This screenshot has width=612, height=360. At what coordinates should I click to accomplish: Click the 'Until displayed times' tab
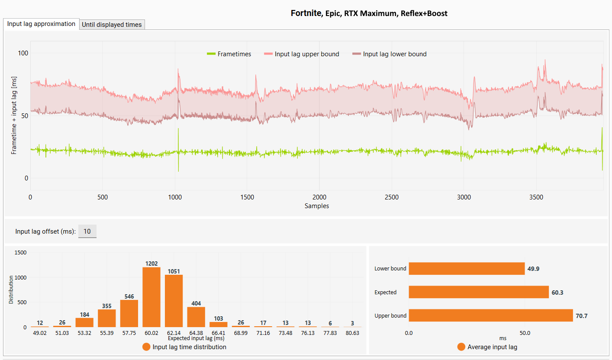point(112,25)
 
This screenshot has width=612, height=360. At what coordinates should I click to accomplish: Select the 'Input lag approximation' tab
point(41,24)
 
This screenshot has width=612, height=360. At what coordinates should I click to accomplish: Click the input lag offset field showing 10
point(87,231)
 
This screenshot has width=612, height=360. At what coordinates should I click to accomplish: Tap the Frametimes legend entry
point(229,54)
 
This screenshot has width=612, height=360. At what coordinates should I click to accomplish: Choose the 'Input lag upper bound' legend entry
point(302,54)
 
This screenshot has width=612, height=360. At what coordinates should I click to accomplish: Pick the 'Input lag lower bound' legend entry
point(390,54)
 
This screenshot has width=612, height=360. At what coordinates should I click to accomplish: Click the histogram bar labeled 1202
point(151,297)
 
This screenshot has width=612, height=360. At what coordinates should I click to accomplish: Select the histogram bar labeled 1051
point(174,301)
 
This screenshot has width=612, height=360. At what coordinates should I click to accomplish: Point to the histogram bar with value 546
point(129,314)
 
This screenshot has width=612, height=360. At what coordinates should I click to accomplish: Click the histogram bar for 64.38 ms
point(196,317)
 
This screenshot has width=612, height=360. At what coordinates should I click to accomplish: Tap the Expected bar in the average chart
point(479,292)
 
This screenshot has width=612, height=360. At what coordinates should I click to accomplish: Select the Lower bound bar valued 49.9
point(467,269)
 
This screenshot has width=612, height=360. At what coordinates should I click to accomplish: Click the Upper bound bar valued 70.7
point(491,315)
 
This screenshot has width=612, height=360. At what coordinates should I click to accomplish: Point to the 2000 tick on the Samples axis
point(319,197)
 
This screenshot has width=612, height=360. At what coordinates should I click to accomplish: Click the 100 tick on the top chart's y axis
point(23,53)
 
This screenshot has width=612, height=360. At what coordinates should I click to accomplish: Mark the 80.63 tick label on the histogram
point(352,333)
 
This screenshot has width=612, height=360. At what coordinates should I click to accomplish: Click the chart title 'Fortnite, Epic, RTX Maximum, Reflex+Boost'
point(369,13)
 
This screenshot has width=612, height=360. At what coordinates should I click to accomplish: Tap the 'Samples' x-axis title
point(317,206)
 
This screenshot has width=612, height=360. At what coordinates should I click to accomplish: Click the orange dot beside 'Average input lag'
point(461,347)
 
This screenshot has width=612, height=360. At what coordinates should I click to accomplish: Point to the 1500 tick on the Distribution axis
point(20,252)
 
